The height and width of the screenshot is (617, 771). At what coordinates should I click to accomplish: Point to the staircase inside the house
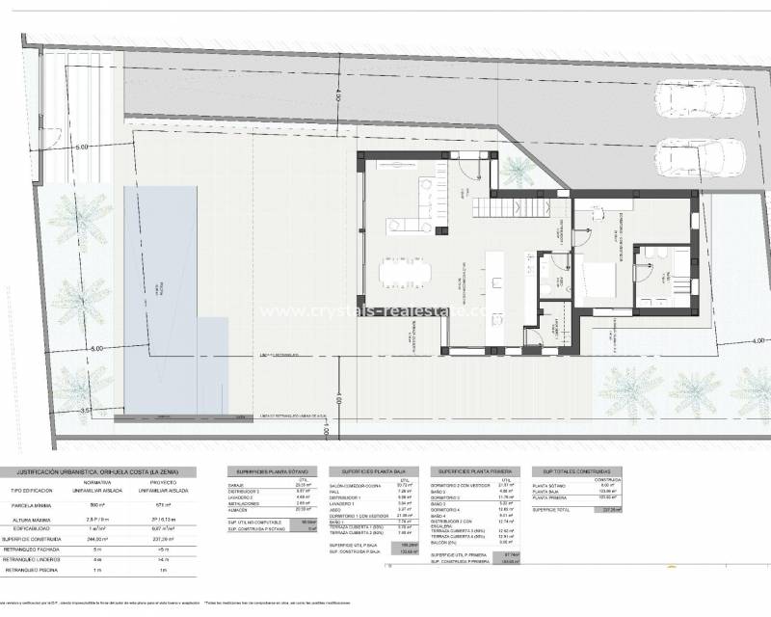(x=511, y=206)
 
